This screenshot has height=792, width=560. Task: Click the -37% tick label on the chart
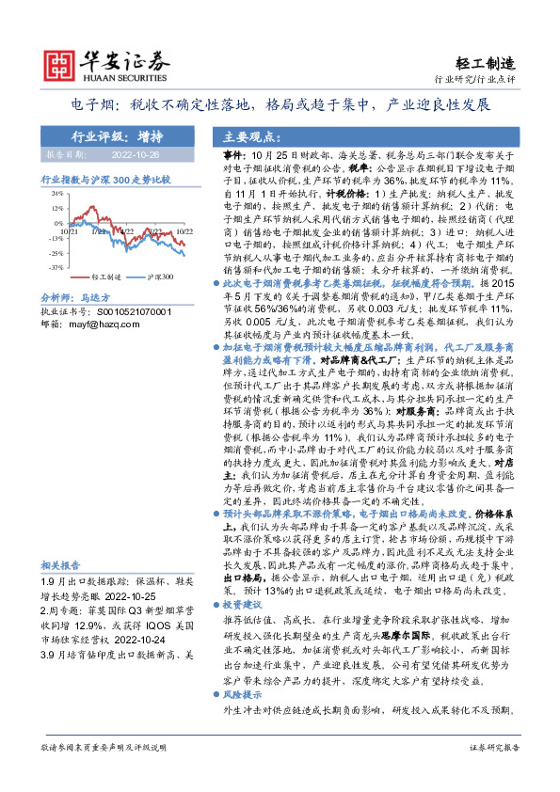click(x=56, y=268)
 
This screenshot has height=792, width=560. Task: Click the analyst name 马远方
click(x=97, y=296)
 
